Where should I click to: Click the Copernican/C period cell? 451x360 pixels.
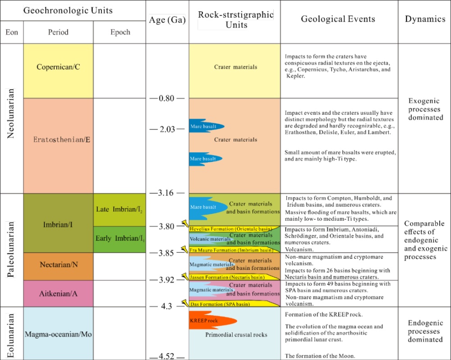(58, 67)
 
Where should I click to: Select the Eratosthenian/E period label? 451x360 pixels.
(62, 139)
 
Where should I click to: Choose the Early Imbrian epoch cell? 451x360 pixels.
(119, 238)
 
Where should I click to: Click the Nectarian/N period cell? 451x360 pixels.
(58, 265)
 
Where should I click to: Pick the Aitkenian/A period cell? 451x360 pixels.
(58, 293)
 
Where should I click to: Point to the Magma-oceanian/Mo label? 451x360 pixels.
(59, 334)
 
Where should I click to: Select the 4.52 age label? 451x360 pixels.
(167, 356)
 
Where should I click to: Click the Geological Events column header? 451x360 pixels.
(338, 19)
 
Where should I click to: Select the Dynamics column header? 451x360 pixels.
(423, 19)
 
